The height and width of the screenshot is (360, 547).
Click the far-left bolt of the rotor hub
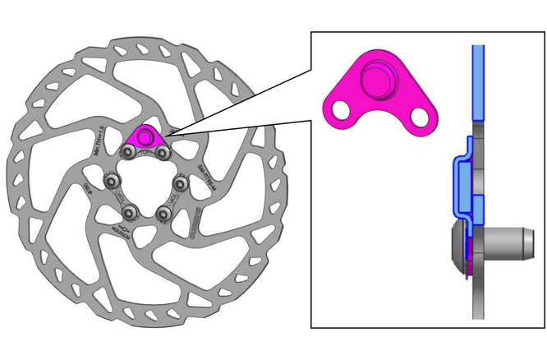coord(109,181)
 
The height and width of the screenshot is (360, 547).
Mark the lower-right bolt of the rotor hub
coord(163,213)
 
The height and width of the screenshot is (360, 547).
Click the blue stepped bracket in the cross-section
coord(460,181)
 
